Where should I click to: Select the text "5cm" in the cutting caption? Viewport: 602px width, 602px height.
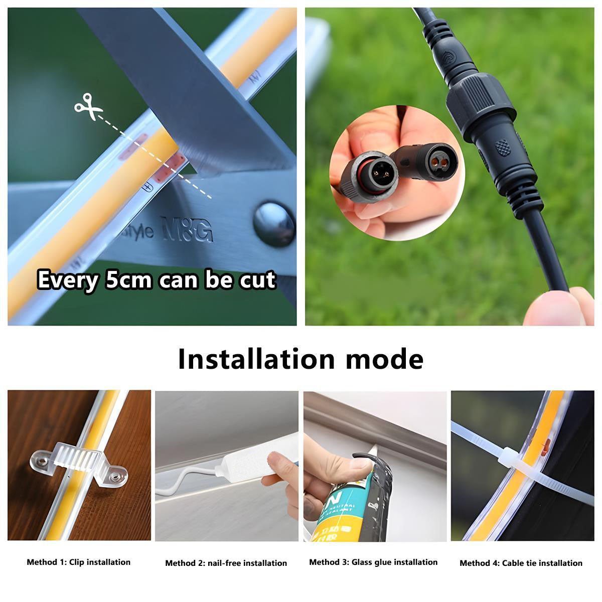coord(128,280)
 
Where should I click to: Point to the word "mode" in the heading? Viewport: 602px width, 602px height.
coord(384,359)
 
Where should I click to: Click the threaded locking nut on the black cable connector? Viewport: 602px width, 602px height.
coord(480,107)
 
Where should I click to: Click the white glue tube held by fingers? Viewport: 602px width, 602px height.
coord(246,466)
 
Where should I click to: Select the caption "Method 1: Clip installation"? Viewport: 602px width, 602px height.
coord(78,562)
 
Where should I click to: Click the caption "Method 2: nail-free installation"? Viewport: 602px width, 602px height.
coord(226,563)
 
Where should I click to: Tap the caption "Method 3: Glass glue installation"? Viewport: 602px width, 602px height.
coord(373,562)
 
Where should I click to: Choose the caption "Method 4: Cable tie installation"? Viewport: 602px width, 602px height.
coord(521,563)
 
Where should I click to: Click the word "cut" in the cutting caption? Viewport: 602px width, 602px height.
coord(257,280)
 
